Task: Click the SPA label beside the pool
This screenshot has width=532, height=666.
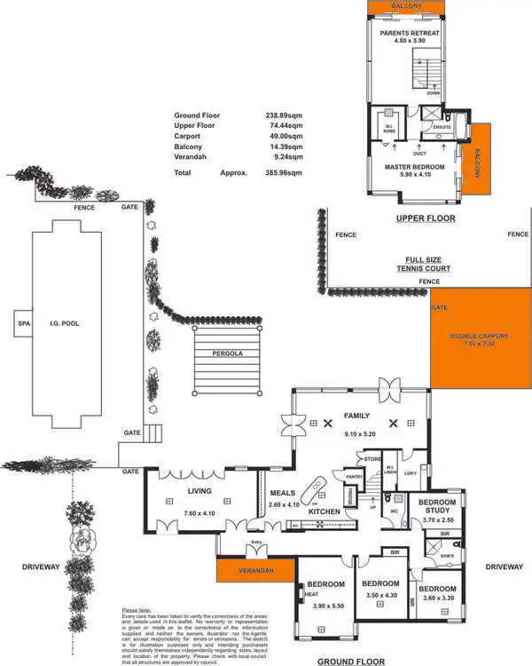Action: [x=23, y=324]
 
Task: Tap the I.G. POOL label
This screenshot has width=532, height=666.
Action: [x=65, y=324]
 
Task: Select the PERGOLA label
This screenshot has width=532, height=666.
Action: [x=228, y=353]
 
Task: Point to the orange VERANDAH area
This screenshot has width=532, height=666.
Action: [x=255, y=570]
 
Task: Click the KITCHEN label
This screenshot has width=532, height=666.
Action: [x=325, y=512]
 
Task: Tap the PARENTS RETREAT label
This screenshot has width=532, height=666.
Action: [x=410, y=34]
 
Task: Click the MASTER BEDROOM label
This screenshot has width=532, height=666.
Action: [x=413, y=166]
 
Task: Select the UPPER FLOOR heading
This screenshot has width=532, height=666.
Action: [x=426, y=218]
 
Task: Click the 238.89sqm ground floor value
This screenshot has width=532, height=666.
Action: [x=283, y=116]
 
